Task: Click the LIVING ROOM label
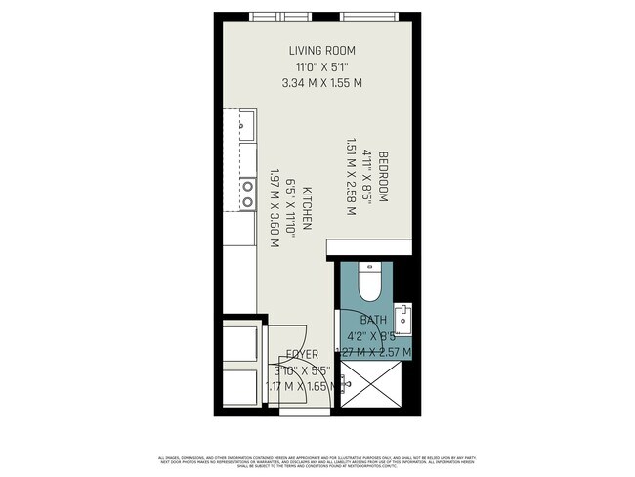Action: [321, 50]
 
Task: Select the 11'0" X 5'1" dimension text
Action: [321, 66]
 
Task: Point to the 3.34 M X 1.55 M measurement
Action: [321, 83]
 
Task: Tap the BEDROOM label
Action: [384, 177]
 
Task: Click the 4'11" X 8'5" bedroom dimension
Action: [367, 177]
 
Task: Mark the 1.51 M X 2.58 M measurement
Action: [351, 177]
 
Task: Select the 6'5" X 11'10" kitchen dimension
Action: [290, 209]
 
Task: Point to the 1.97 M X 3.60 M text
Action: [275, 209]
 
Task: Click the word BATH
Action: [373, 321]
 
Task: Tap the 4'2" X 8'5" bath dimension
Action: [373, 336]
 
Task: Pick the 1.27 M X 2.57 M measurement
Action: [373, 352]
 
